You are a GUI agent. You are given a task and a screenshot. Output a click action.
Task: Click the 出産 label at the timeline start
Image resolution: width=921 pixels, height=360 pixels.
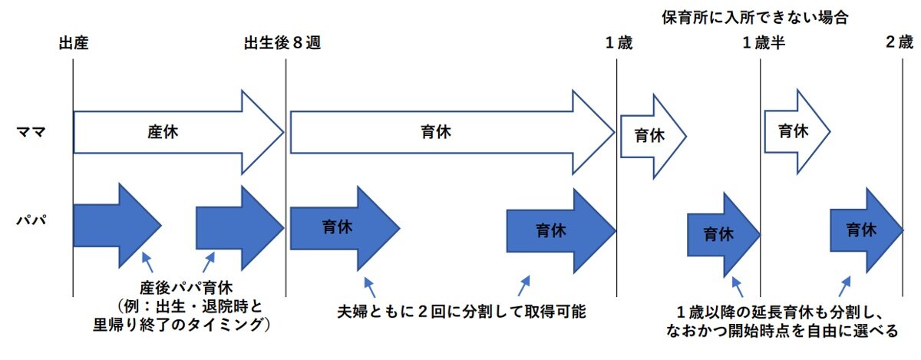[74, 43]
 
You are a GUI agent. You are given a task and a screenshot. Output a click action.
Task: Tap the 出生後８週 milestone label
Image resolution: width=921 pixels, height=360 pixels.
[282, 43]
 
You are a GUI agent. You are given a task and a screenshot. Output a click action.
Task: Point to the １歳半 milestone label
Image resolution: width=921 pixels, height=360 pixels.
[764, 43]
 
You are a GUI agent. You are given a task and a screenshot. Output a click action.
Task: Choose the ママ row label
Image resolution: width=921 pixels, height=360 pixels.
[31, 132]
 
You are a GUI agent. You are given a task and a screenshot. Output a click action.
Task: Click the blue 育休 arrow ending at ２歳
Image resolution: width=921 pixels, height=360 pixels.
[863, 229]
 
